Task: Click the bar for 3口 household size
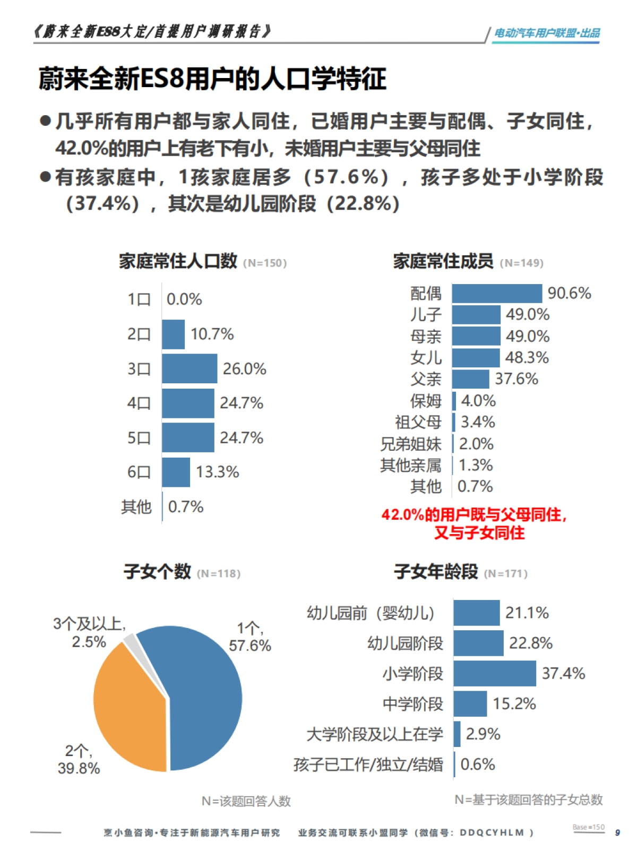pos(190,368)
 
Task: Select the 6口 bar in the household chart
pos(176,472)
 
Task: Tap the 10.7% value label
pos(212,334)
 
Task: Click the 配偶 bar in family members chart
pos(497,293)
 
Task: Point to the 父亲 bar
pos(470,379)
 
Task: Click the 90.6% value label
pos(569,293)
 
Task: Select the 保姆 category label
pos(426,401)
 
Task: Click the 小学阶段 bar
pos(495,674)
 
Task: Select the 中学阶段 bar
pos(470,704)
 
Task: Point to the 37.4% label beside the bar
pos(563,674)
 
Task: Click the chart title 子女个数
pos(157,572)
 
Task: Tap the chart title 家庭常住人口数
pos(178,261)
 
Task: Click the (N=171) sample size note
pos(506,573)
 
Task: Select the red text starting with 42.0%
pos(474,523)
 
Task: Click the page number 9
pos(617,832)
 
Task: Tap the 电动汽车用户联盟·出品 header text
pos(547,33)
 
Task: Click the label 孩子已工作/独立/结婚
pos(368,765)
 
